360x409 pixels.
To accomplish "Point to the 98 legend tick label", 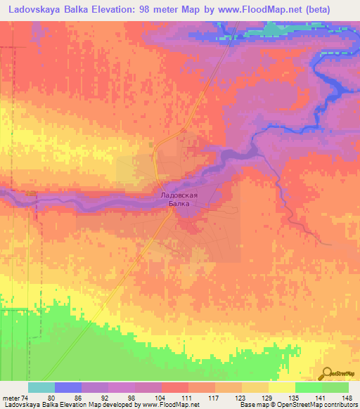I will [x=122, y=398].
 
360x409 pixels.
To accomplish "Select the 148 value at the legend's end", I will [x=346, y=398].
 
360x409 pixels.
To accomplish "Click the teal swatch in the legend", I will [x=41, y=387].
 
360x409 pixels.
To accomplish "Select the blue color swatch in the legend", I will [x=68, y=387].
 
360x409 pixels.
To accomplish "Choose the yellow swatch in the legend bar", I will [x=282, y=387].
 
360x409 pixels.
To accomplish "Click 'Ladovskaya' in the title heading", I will [x=34, y=9].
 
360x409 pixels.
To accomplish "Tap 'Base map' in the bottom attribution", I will [x=252, y=405].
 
